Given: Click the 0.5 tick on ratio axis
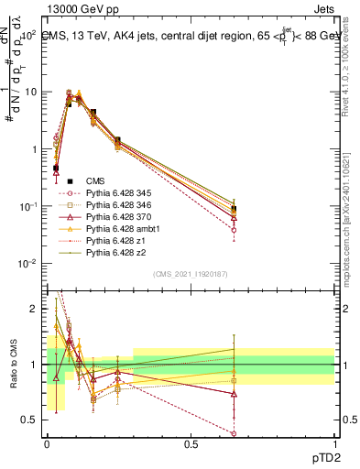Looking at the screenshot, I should (x=30, y=421).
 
